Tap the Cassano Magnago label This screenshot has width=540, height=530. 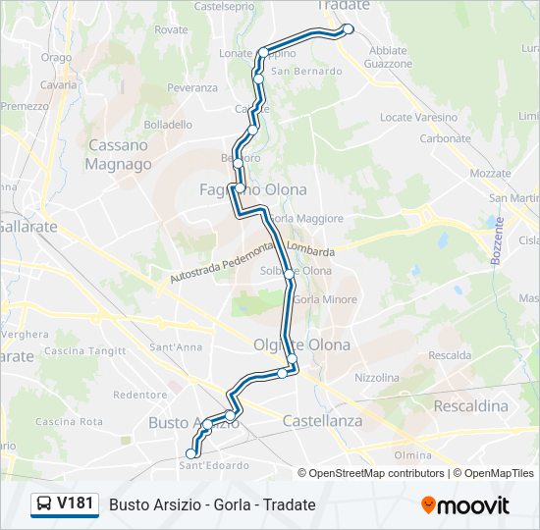click(x=118, y=154)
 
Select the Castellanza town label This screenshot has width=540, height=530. click(x=322, y=420)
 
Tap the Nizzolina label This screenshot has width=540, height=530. click(x=376, y=377)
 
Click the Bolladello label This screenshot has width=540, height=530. click(x=168, y=125)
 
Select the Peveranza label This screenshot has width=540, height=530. click(x=192, y=87)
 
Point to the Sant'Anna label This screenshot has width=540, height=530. click(x=176, y=347)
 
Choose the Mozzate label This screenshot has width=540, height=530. click(x=490, y=173)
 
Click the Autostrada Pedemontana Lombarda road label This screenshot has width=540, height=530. click(x=252, y=264)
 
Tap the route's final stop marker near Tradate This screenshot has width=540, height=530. click(x=348, y=29)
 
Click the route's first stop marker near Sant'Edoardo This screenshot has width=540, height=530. click(x=190, y=453)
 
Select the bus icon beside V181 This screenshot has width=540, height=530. click(x=44, y=504)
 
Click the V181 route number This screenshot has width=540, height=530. click(x=76, y=504)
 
